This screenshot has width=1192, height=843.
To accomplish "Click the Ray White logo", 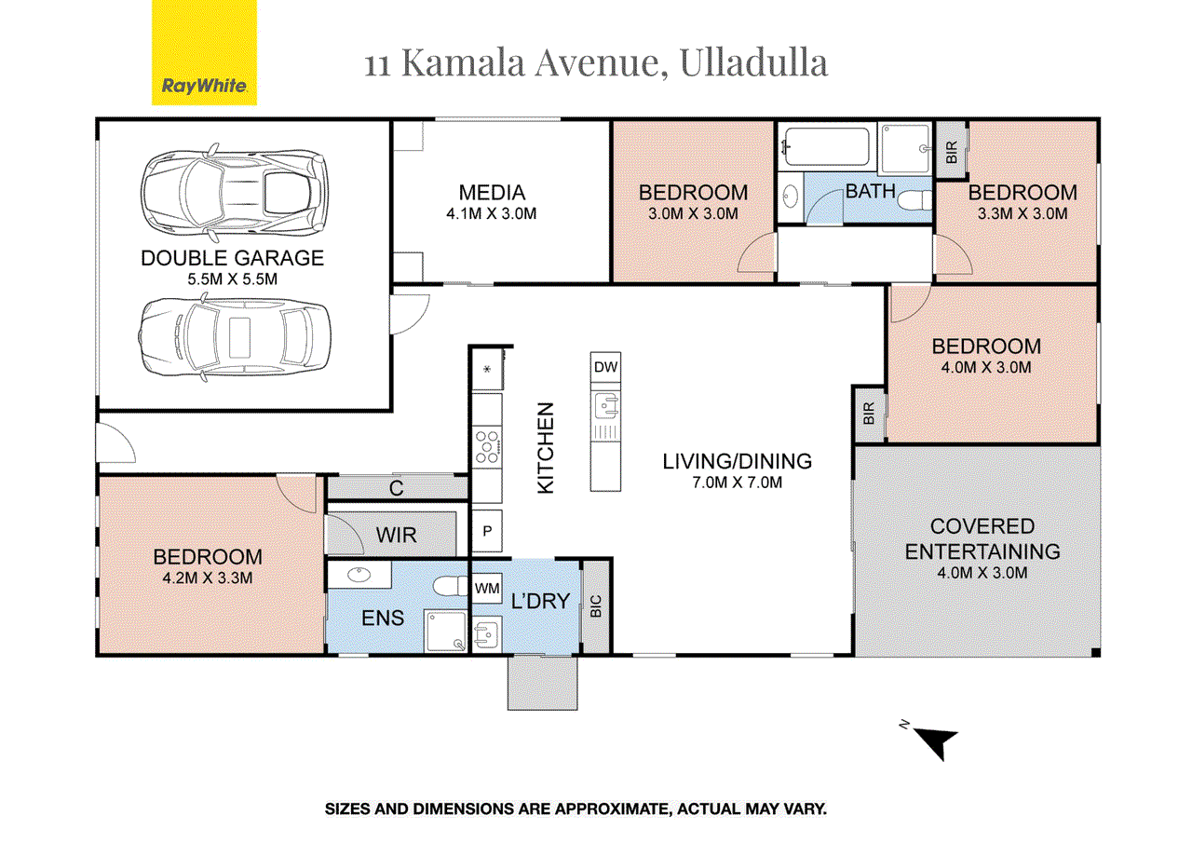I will (x=204, y=53).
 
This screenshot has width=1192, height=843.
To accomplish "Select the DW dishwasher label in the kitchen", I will (x=605, y=367).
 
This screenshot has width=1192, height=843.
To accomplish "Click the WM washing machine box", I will (x=487, y=589).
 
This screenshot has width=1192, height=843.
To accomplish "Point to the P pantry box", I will (x=487, y=533).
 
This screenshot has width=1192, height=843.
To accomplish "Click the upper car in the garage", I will (x=234, y=190).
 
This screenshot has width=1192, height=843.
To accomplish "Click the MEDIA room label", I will (x=492, y=193).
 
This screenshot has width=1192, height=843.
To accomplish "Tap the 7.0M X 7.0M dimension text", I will (x=737, y=482).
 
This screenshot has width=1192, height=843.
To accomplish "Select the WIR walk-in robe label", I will (x=397, y=536).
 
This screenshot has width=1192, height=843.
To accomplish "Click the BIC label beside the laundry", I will (x=596, y=607).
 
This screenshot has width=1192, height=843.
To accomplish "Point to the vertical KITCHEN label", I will (x=547, y=447).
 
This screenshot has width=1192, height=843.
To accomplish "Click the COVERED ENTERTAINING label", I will (x=982, y=539).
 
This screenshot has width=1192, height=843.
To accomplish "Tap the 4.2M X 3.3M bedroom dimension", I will (x=208, y=578).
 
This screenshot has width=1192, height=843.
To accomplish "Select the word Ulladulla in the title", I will (x=754, y=63).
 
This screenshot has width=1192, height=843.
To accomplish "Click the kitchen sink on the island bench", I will (x=605, y=405).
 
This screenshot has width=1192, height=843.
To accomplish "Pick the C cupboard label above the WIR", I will (x=396, y=487).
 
